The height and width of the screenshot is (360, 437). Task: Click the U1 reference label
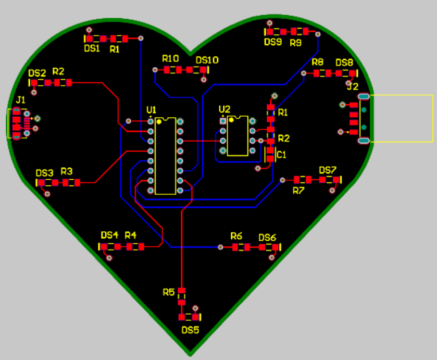[152, 110]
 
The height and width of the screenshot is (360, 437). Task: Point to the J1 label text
[21, 99]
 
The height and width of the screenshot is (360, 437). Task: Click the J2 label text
[353, 86]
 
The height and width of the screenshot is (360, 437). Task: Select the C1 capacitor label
[281, 154]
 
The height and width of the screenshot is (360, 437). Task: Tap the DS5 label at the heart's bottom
[190, 330]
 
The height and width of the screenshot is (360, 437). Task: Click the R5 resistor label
[168, 292]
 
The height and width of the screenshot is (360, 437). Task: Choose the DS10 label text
[207, 60]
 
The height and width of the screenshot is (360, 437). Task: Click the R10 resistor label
[170, 58]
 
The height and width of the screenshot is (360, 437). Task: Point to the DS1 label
[92, 48]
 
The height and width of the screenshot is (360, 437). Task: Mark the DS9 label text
[273, 42]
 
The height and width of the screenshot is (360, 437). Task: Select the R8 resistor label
[317, 62]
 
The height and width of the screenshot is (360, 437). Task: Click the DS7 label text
[328, 170]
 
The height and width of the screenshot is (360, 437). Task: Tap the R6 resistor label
[236, 236]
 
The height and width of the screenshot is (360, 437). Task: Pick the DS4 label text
[110, 235]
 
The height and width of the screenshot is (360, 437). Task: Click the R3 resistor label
[67, 171]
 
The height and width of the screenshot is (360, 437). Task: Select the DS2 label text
[37, 73]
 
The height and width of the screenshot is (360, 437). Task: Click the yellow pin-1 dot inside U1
[159, 121]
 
